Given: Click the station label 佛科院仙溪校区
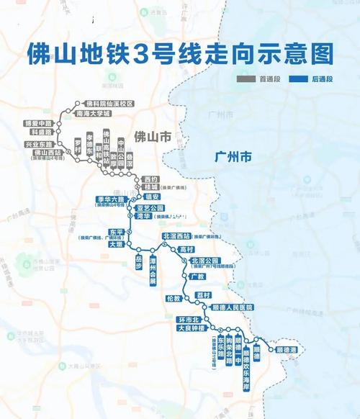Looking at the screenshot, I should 110,104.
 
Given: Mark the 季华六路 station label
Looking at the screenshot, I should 109,198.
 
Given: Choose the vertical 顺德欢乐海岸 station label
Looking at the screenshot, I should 246,360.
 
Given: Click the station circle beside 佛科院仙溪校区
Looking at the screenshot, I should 78,104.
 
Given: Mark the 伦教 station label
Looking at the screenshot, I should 172,298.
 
